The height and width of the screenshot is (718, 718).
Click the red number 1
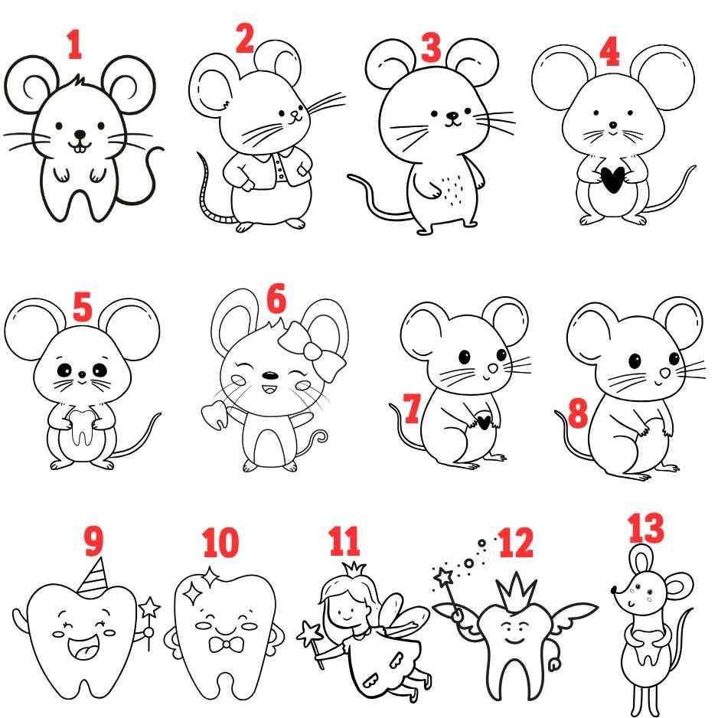75,44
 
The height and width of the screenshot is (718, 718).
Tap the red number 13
645,528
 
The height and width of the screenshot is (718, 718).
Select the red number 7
412,408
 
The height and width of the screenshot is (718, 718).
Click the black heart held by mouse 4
612,179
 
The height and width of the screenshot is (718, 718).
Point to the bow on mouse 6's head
312,350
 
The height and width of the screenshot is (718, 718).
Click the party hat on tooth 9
93,577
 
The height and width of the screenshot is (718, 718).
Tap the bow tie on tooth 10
227,645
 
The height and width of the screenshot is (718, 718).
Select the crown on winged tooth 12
516,592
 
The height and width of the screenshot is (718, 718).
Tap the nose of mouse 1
80,135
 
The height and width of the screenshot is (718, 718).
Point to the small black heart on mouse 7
484,422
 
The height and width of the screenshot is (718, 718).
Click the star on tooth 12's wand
444,577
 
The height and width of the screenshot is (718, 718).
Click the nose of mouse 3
452,116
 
